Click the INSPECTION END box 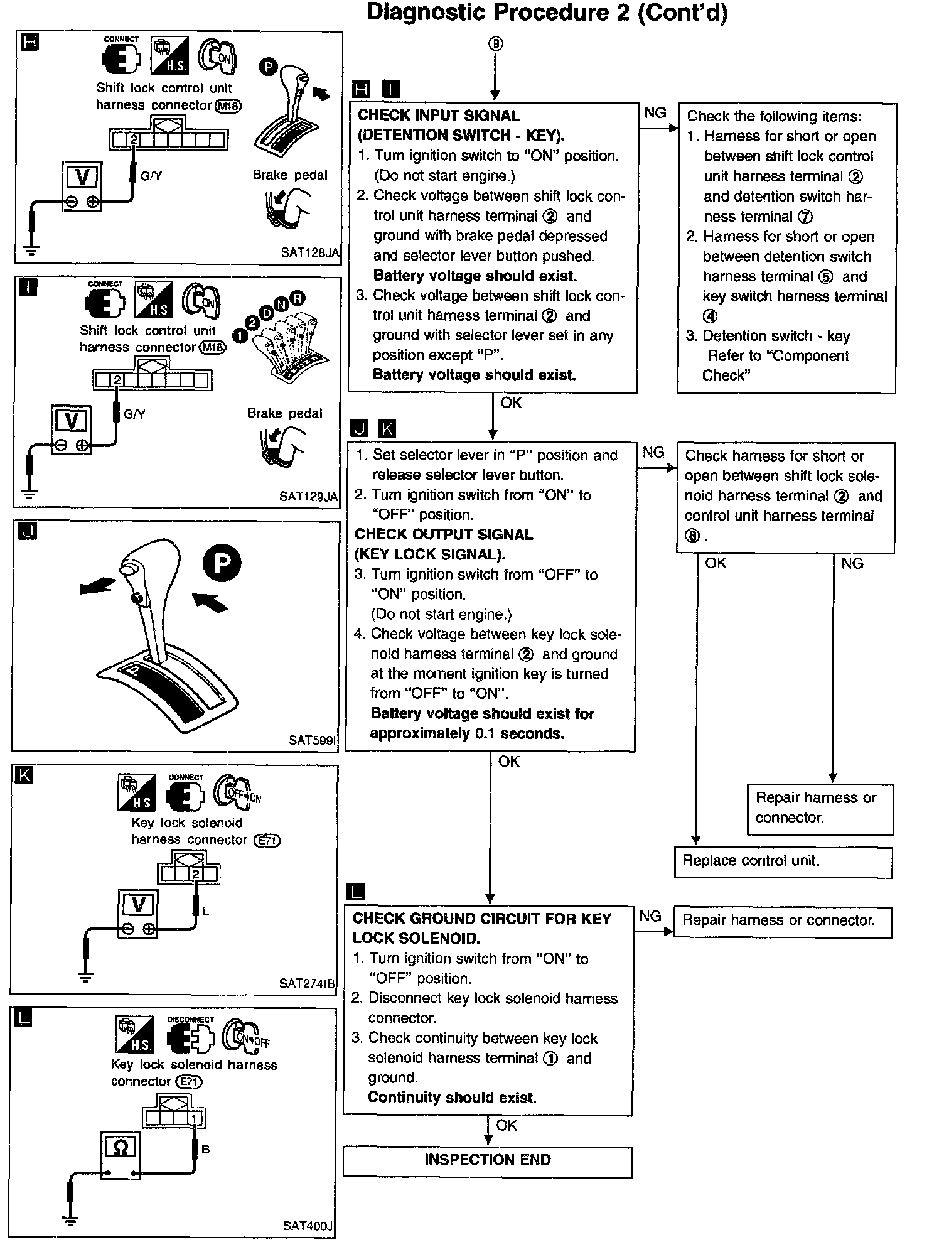tap(487, 1160)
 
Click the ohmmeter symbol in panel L tap(121, 1147)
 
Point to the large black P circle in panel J tap(222, 563)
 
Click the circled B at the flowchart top tap(495, 43)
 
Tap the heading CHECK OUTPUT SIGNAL tap(444, 534)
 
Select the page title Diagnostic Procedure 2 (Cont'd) tap(547, 13)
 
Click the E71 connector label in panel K tap(267, 841)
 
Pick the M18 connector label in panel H tap(228, 105)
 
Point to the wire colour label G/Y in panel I tap(134, 414)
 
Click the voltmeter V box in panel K tap(138, 905)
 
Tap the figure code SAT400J tap(308, 1225)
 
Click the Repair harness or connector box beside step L tap(782, 920)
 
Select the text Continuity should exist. tap(452, 1098)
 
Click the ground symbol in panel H tap(31, 251)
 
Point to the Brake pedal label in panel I tap(284, 413)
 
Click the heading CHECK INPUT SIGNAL tap(439, 116)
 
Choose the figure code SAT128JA tap(310, 252)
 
